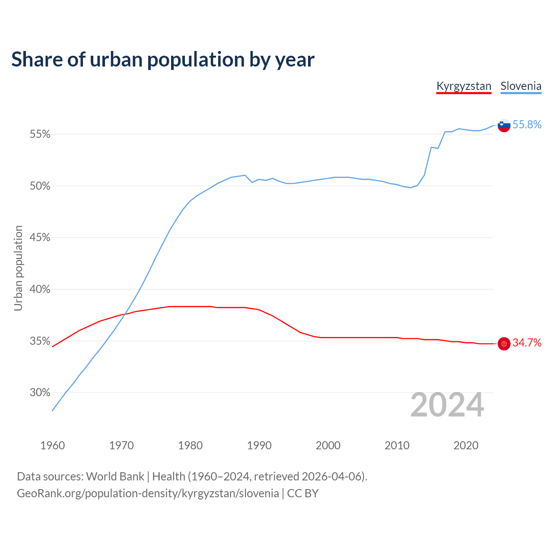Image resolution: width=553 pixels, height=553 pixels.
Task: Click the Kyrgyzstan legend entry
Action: (464, 86)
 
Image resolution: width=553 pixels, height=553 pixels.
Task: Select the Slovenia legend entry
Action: (521, 86)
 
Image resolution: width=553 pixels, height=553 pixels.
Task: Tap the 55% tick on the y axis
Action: (40, 134)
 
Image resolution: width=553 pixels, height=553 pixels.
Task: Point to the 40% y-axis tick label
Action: (40, 289)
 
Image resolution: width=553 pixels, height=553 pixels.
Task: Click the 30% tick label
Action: (40, 393)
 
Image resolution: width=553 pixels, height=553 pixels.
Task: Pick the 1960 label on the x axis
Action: (53, 445)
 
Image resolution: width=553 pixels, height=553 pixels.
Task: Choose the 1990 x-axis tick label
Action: (259, 445)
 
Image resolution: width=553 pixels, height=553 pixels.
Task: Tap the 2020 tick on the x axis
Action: (466, 445)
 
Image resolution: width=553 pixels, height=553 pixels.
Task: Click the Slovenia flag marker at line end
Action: (504, 125)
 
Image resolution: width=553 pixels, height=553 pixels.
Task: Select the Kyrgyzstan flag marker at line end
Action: (504, 343)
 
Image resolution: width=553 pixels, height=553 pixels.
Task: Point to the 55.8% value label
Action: (527, 125)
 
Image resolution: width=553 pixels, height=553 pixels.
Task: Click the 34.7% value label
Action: (527, 343)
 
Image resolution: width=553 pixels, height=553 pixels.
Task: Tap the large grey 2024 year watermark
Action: (447, 405)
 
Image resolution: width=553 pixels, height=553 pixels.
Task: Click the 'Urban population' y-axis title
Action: (18, 268)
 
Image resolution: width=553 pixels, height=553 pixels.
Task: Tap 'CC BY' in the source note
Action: (302, 493)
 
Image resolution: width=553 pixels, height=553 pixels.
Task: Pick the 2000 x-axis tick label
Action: (328, 445)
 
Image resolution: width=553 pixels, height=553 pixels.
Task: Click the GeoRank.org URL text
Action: (148, 493)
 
